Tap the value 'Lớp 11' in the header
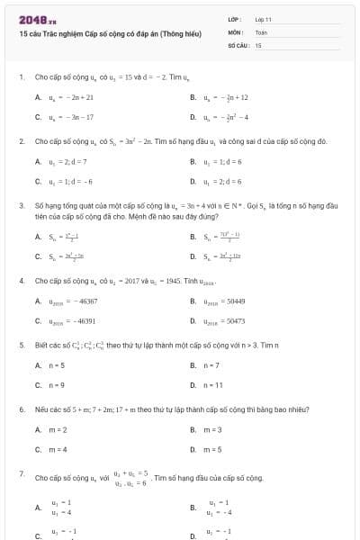pyautogui.click(x=263, y=18)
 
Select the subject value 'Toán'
pyautogui.click(x=261, y=31)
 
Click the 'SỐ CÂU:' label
pyautogui.click(x=238, y=44)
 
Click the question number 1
pyautogui.click(x=21, y=76)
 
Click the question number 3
pyautogui.click(x=21, y=205)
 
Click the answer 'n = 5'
pyautogui.click(x=57, y=365)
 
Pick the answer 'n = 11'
pyautogui.click(x=213, y=385)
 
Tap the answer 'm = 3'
pyautogui.click(x=212, y=430)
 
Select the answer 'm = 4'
pyautogui.click(x=57, y=449)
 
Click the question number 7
pyautogui.click(x=21, y=472)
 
